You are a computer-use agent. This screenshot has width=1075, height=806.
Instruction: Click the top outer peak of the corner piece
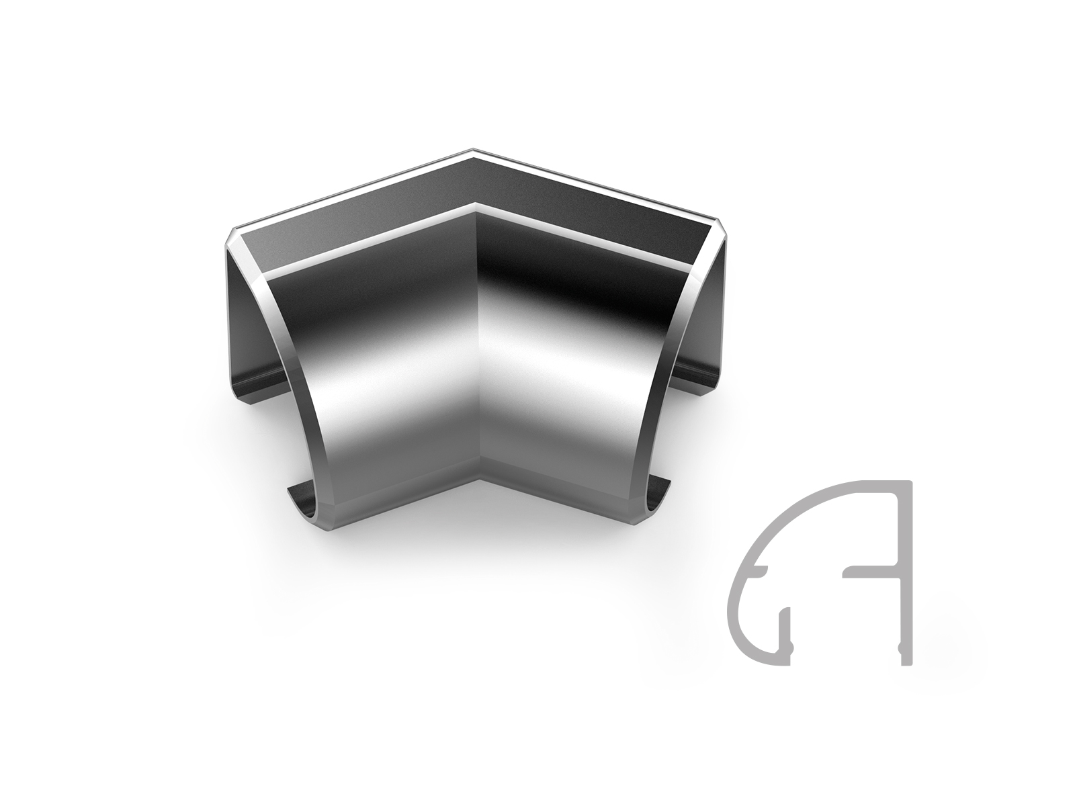tap(474, 149)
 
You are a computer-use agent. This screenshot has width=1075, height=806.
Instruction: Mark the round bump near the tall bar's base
tap(897, 647)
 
